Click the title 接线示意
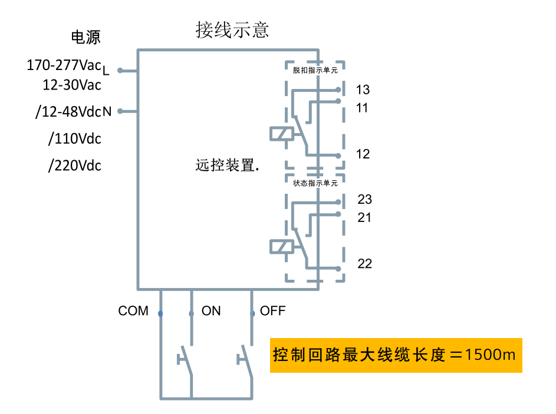point(232,29)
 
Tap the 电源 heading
point(85,37)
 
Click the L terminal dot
point(120,71)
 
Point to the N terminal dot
point(120,111)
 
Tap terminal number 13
point(363,90)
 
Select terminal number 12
point(363,154)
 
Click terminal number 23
point(364,200)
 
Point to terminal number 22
point(364,263)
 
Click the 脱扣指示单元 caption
point(315,69)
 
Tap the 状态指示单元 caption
point(315,182)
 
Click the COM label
point(133,311)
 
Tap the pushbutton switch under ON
point(186,358)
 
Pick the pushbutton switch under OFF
point(246,358)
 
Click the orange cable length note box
point(396,355)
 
